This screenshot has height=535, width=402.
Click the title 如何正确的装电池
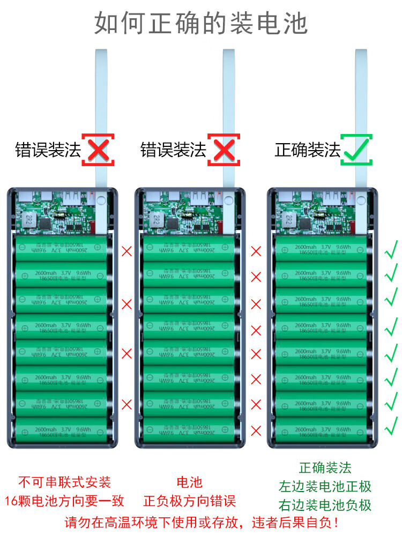[x=201, y=24]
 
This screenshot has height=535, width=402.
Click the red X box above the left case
[x=98, y=150]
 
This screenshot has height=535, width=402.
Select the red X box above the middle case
[x=224, y=150]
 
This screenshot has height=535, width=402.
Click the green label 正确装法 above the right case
[x=307, y=150]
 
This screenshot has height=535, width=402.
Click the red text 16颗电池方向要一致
[x=64, y=501]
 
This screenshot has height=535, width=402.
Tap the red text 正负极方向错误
[x=190, y=501]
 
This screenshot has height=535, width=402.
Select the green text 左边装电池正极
[x=325, y=487]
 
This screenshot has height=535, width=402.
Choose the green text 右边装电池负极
[x=325, y=505]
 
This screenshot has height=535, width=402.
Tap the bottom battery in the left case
[x=60, y=429]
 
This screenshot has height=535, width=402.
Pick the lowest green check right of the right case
[x=392, y=423]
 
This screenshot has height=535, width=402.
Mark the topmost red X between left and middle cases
[x=127, y=250]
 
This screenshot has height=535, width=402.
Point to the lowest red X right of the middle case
[x=256, y=430]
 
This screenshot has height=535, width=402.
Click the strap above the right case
[x=362, y=107]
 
